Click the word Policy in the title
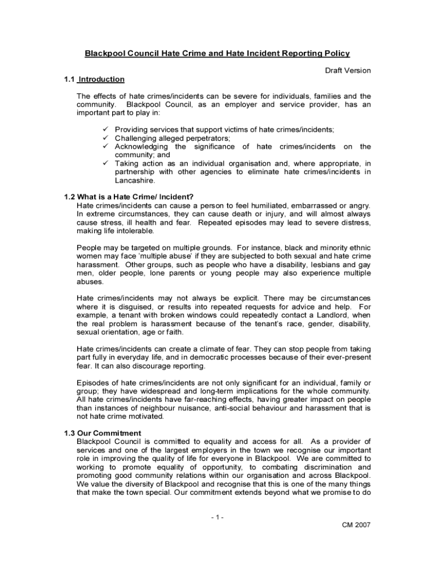[x=336, y=54]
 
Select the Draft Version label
[x=348, y=70]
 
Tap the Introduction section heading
[x=101, y=79]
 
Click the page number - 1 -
[x=216, y=516]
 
